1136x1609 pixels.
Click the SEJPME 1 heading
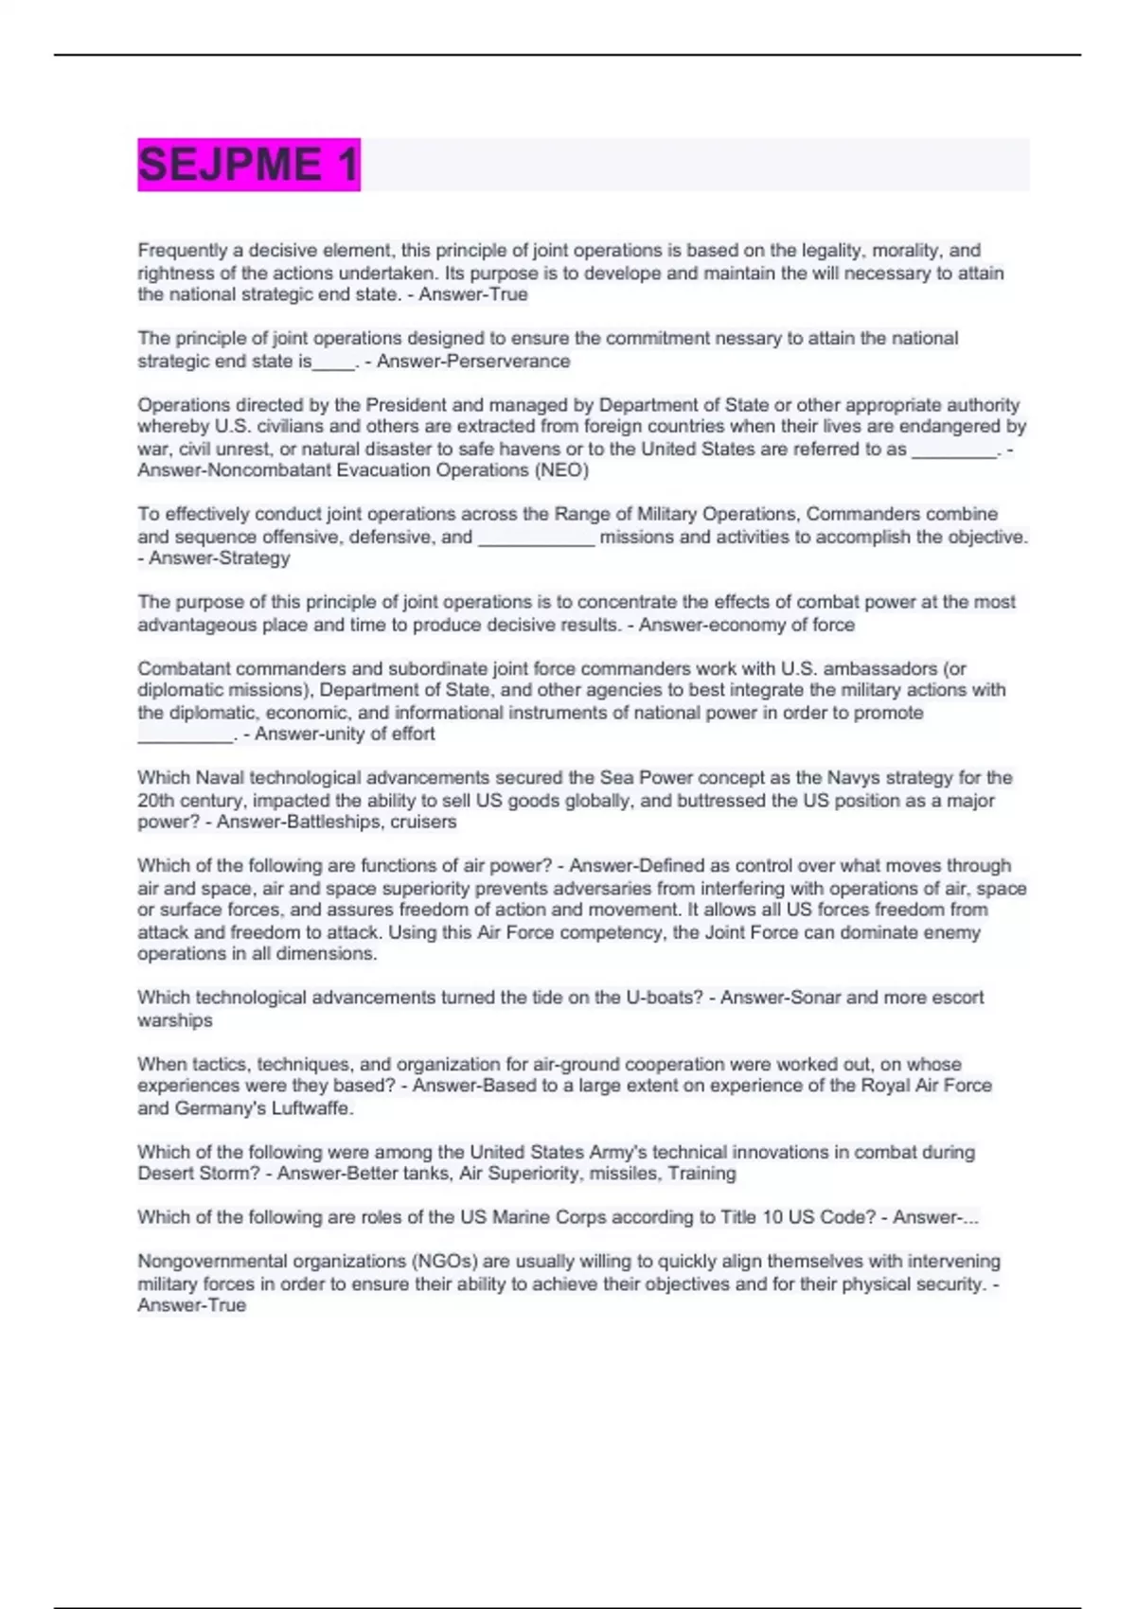coord(248,165)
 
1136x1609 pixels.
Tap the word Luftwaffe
coord(311,1107)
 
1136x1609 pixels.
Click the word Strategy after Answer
coord(255,558)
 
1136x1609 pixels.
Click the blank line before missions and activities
coord(536,538)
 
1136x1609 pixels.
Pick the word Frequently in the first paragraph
coord(183,251)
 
